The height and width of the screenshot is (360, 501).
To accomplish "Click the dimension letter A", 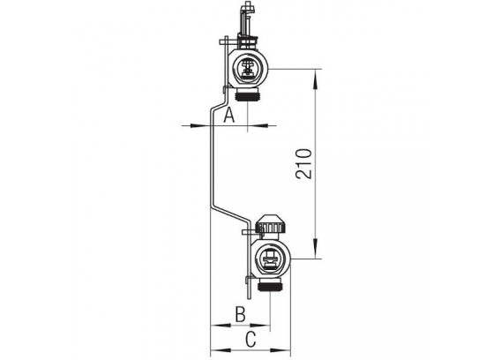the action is (228, 115).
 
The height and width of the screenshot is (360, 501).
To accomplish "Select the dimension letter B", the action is (240, 314).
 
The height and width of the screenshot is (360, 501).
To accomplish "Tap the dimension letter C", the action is (250, 339).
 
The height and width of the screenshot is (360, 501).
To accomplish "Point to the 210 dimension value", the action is (303, 163).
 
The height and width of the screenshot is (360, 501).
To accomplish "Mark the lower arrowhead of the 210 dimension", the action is (316, 248).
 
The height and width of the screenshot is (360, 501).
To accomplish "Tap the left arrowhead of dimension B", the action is (221, 326).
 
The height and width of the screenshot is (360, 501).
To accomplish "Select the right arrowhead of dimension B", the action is (260, 326).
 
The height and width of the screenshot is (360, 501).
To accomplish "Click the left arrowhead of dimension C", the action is (221, 350).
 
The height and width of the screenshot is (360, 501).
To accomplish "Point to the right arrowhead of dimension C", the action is (280, 350).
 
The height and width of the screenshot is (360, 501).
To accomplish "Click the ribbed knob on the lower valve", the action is (271, 224).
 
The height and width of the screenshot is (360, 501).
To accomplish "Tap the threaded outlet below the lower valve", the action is (270, 284).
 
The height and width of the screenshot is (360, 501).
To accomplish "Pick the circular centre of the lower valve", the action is (270, 259).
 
